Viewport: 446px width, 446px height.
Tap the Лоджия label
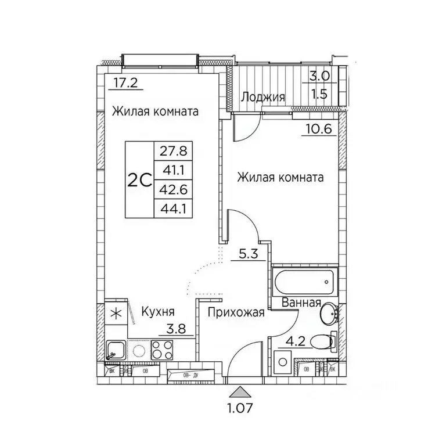pyautogui.click(x=263, y=97)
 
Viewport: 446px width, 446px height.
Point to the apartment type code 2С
pyautogui.click(x=139, y=179)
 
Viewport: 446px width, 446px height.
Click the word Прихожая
pyautogui.click(x=235, y=312)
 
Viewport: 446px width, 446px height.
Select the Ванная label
pyautogui.click(x=301, y=303)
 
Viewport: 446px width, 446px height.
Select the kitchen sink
pyautogui.click(x=114, y=351)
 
